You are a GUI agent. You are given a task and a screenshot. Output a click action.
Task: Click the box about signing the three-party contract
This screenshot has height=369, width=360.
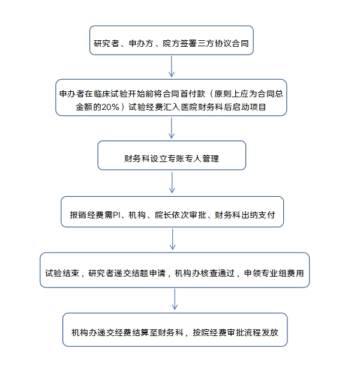click(171, 40)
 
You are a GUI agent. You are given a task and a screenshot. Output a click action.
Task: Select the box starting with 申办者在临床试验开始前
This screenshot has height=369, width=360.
click(171, 97)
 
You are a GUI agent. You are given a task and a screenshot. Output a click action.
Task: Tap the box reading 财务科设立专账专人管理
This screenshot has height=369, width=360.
click(172, 155)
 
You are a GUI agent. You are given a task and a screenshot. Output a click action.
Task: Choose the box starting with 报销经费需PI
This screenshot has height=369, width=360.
click(172, 212)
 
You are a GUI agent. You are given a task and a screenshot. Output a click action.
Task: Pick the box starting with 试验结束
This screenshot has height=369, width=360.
click(175, 270)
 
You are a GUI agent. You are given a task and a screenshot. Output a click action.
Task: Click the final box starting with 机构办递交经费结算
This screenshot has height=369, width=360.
click(175, 329)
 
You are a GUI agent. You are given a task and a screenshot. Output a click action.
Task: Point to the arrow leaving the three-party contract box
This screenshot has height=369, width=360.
click(172, 67)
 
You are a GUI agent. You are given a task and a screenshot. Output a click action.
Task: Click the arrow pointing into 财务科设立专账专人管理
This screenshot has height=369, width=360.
click(172, 128)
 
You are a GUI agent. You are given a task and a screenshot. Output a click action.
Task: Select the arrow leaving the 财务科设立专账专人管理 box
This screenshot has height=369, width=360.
click(172, 182)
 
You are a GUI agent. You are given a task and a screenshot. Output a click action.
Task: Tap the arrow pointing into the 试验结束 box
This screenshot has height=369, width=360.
click(172, 239)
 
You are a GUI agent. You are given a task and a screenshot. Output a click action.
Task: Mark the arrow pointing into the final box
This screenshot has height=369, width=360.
click(175, 299)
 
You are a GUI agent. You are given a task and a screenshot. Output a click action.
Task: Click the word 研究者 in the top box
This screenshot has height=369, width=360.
click(106, 44)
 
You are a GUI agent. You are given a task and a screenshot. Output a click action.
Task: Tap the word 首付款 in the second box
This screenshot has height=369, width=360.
click(193, 94)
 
